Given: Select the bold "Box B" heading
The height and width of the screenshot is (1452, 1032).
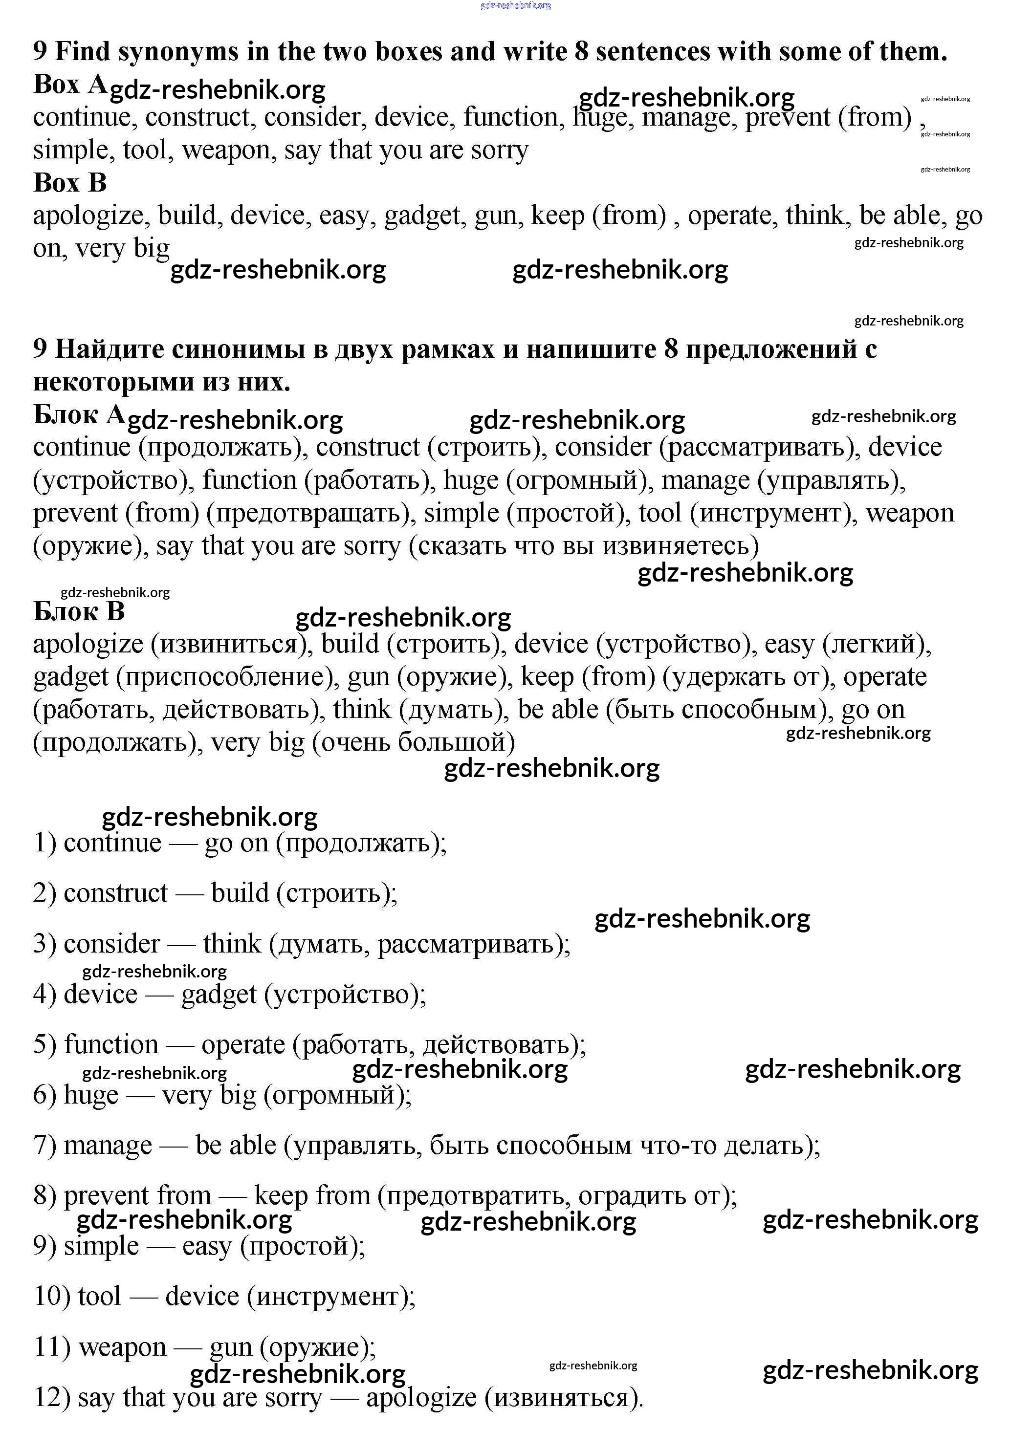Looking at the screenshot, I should point(70,183).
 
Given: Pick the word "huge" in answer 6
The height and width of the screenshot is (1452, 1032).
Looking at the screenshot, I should point(91,1095).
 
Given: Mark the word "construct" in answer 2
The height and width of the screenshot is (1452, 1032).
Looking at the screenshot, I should point(116,893).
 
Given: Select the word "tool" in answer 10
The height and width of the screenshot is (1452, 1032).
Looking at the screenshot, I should point(99,1297).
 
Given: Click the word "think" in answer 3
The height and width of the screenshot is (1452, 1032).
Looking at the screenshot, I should point(232,944).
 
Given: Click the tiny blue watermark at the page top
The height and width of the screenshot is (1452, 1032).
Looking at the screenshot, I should point(515,6).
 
